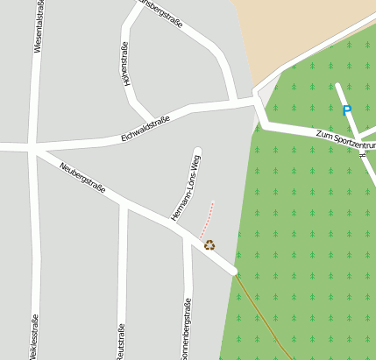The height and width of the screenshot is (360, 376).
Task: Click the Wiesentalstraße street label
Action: [38, 27]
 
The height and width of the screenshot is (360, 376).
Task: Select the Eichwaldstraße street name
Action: [145, 131]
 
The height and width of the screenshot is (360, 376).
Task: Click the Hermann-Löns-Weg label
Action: [185, 187]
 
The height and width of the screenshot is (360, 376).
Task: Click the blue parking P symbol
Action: [346, 110]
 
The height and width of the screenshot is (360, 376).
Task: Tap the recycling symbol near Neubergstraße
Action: [209, 245]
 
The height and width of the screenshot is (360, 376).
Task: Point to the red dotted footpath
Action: [208, 219]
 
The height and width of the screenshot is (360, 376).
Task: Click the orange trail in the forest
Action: [263, 315]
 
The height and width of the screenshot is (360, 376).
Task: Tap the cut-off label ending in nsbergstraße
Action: [162, 12]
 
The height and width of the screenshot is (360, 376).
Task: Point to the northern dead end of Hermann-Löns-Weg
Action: [197, 152]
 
